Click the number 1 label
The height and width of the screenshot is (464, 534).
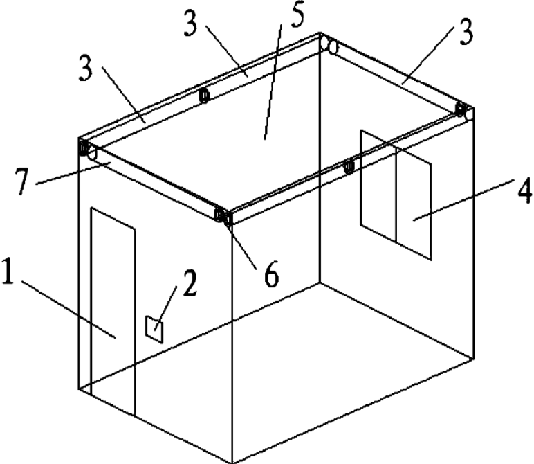tap(8, 271)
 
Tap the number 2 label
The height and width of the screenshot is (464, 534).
tap(190, 283)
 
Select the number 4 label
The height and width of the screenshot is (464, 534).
tap(524, 191)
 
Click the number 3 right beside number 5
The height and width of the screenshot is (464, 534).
tap(191, 23)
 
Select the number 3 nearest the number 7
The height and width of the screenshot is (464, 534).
tap(86, 68)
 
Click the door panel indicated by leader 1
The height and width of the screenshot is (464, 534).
tap(113, 311)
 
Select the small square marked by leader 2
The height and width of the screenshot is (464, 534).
tap(154, 329)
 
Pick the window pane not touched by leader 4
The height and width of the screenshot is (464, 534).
tap(378, 186)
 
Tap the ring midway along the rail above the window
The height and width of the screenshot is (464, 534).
tap(349, 166)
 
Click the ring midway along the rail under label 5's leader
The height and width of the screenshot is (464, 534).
tap(203, 95)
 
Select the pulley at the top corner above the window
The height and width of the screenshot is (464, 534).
tap(464, 110)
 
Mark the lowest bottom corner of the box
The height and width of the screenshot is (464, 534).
tap(232, 463)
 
